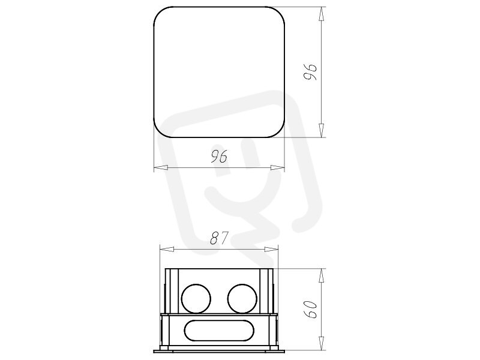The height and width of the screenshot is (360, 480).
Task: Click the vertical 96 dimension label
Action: click(x=310, y=71)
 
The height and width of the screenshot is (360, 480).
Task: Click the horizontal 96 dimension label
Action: click(x=219, y=157)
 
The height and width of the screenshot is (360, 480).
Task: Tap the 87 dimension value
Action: click(x=220, y=238)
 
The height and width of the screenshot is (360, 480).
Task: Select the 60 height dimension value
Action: click(x=310, y=309)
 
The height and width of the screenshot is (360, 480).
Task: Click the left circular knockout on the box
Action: click(x=196, y=299)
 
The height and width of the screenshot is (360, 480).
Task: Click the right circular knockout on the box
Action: click(x=242, y=299)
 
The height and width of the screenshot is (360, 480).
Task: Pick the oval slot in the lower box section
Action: click(x=219, y=331)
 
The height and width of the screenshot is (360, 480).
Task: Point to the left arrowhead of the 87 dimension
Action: click(x=167, y=249)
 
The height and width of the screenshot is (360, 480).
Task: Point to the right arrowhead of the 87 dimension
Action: click(x=271, y=249)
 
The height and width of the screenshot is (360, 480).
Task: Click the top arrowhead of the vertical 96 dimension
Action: click(x=321, y=14)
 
